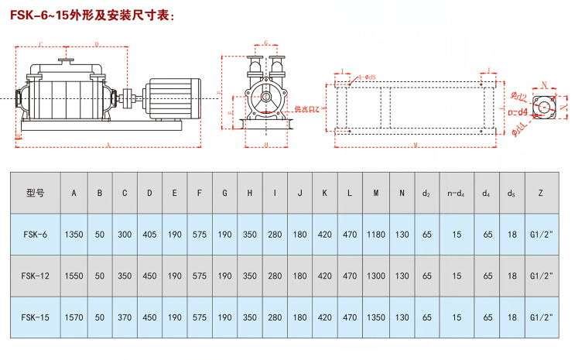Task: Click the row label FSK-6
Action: (x=36, y=233)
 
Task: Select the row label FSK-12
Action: (x=36, y=276)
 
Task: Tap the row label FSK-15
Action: (x=36, y=317)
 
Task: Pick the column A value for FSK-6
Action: (x=74, y=233)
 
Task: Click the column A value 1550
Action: (x=74, y=276)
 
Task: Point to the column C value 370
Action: (x=125, y=317)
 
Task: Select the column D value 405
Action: (x=150, y=233)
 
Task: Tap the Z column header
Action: (x=539, y=192)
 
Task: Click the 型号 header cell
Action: (x=36, y=192)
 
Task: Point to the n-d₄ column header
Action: (x=457, y=192)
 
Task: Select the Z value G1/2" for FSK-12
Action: (x=539, y=276)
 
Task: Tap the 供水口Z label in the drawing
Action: (x=307, y=109)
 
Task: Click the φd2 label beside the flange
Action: (x=519, y=98)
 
